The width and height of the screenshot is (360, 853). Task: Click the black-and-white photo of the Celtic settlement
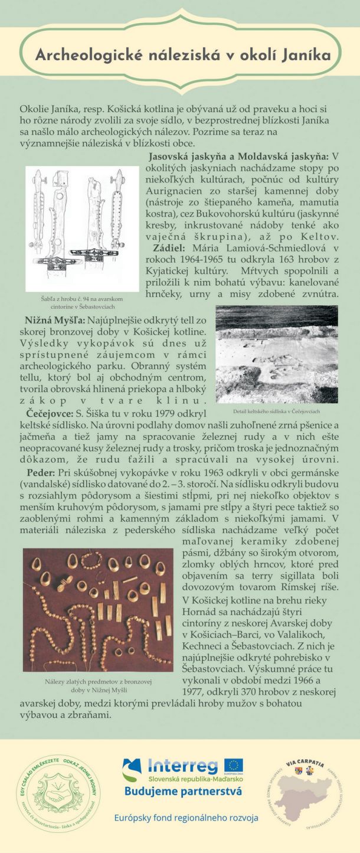(276, 354)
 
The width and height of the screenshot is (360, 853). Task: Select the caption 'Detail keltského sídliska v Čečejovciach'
(277, 411)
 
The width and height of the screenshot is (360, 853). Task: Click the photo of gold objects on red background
(97, 609)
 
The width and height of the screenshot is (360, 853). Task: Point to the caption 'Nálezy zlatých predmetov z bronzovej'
(97, 682)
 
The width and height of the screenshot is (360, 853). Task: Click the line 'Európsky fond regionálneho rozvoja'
(186, 818)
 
